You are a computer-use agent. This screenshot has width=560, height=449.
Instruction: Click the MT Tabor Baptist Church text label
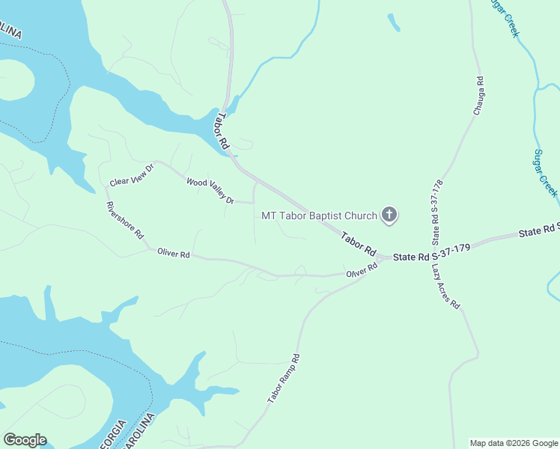[x=319, y=216]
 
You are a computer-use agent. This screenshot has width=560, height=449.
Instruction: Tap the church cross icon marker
[x=389, y=216]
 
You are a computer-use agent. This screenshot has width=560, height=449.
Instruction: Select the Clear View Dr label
[x=131, y=175]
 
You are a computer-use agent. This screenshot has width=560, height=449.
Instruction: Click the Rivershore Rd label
[x=124, y=220]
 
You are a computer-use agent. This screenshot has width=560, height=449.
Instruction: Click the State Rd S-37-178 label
[x=438, y=213]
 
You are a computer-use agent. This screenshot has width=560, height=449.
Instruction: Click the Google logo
[x=25, y=440]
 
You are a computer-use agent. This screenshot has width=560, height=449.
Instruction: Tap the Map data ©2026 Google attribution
[x=514, y=443]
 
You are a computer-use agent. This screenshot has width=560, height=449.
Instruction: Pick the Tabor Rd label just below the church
[x=358, y=244]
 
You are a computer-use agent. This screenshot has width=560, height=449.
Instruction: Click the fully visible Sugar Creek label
[x=545, y=173]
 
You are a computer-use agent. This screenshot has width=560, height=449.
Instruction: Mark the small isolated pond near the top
[x=393, y=22]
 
